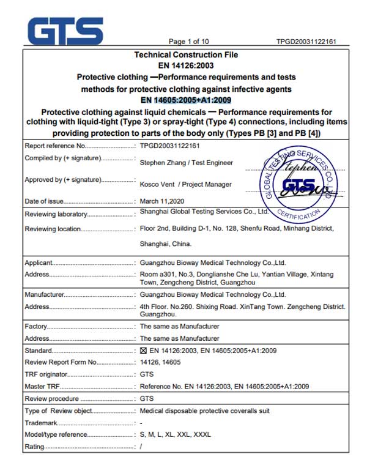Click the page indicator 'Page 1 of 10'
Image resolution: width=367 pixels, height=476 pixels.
coord(188,42)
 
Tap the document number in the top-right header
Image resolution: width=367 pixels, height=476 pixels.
coord(305,42)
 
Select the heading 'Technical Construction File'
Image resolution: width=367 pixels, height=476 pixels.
coord(186,55)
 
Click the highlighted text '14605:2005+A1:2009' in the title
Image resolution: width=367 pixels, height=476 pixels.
coord(192,100)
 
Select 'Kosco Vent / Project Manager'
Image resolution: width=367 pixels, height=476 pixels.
coord(185,184)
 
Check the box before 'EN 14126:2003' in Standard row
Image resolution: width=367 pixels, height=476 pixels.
coord(144,351)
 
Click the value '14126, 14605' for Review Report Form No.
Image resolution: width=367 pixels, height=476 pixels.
coord(160,363)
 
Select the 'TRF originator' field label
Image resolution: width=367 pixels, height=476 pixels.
coord(46,374)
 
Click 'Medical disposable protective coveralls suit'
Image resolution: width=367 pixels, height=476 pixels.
coord(204,411)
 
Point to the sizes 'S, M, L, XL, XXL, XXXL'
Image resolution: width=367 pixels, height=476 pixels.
coord(175,435)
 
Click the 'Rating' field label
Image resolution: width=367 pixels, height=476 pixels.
coord(34,447)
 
